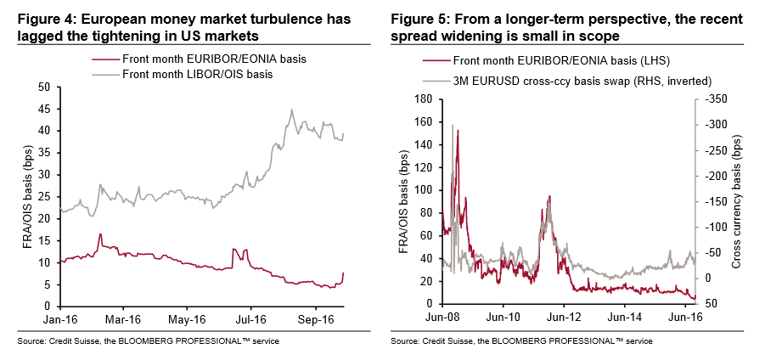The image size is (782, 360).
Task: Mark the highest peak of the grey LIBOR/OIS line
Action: point(292,110)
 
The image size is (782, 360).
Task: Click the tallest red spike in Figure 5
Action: point(458,130)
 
